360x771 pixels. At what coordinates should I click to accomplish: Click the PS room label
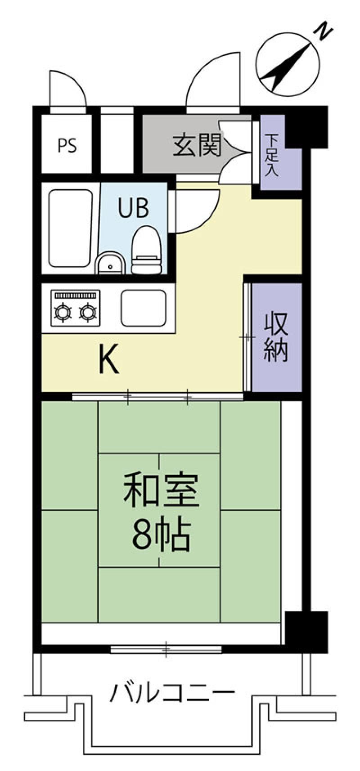(x=67, y=145)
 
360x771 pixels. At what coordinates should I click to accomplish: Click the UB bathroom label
(x=133, y=207)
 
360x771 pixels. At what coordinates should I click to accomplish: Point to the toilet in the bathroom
(x=147, y=249)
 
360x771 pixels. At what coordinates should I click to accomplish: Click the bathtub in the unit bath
(x=71, y=228)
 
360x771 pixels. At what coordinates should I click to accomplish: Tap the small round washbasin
(x=110, y=263)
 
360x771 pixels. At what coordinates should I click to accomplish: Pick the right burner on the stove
(x=88, y=312)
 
